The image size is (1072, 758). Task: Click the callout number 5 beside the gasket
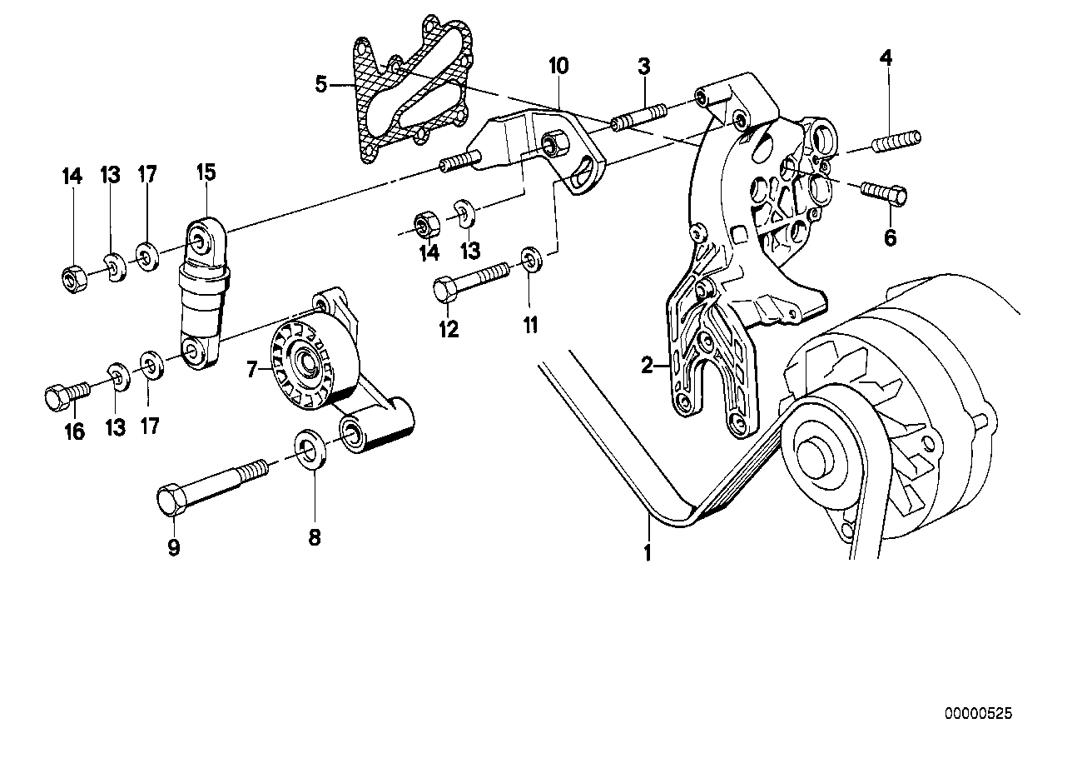(321, 83)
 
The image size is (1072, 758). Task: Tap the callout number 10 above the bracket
(558, 66)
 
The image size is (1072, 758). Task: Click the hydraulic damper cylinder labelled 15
(203, 296)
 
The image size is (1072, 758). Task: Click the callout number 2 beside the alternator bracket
(646, 364)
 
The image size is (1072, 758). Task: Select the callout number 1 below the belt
(648, 551)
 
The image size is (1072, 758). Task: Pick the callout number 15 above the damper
(206, 172)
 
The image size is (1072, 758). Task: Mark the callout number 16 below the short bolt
(74, 431)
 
